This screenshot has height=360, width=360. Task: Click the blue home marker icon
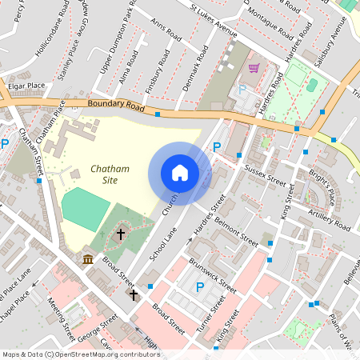pos(180,173)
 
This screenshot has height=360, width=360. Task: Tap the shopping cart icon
pos(254,69)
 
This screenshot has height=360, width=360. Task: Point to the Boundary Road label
pos(115,106)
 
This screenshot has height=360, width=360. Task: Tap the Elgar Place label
pos(25,85)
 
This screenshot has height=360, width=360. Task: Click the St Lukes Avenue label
pos(214,21)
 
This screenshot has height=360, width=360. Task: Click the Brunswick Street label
pos(212,274)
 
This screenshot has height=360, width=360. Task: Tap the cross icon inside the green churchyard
pos(122,234)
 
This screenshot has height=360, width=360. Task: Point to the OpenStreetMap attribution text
pos(81,354)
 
